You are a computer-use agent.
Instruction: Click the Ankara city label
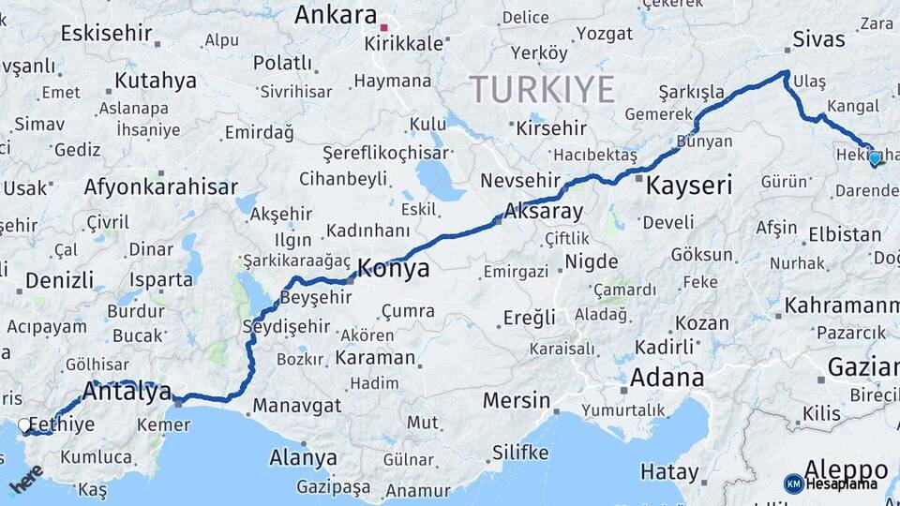coord(335,15)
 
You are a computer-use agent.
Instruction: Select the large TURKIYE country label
coord(542,90)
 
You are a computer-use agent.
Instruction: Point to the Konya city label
coord(394,270)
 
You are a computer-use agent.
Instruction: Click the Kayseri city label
coord(689,186)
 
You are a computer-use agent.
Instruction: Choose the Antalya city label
coord(128,392)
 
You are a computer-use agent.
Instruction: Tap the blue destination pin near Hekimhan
coord(875,158)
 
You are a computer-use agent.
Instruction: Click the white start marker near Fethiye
coord(24,425)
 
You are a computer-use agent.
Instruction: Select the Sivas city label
coord(818,39)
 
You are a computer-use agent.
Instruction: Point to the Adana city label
coord(667,379)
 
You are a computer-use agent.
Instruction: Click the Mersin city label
coord(517,401)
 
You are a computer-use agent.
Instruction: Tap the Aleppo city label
coord(846,469)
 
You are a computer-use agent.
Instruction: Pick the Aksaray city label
coord(544,211)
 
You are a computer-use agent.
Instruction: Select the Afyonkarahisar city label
coord(160,186)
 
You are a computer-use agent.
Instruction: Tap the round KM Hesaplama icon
coord(793,484)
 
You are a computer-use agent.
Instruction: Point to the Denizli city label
coord(59,280)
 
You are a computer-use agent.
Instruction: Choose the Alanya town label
coord(303,458)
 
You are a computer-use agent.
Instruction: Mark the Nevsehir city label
coord(520,180)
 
